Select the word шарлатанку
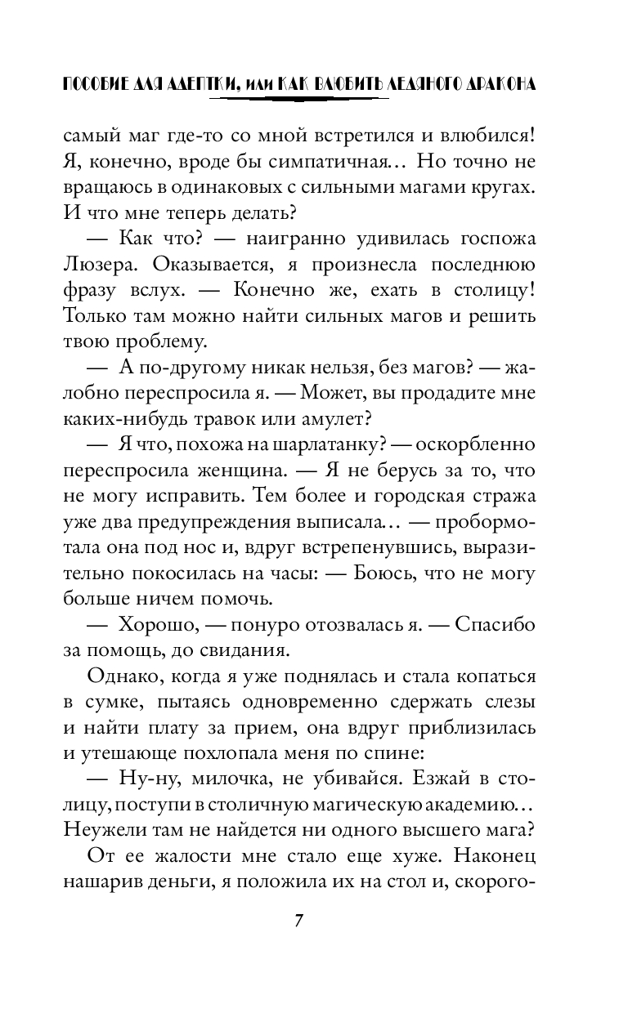click(x=316, y=446)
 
